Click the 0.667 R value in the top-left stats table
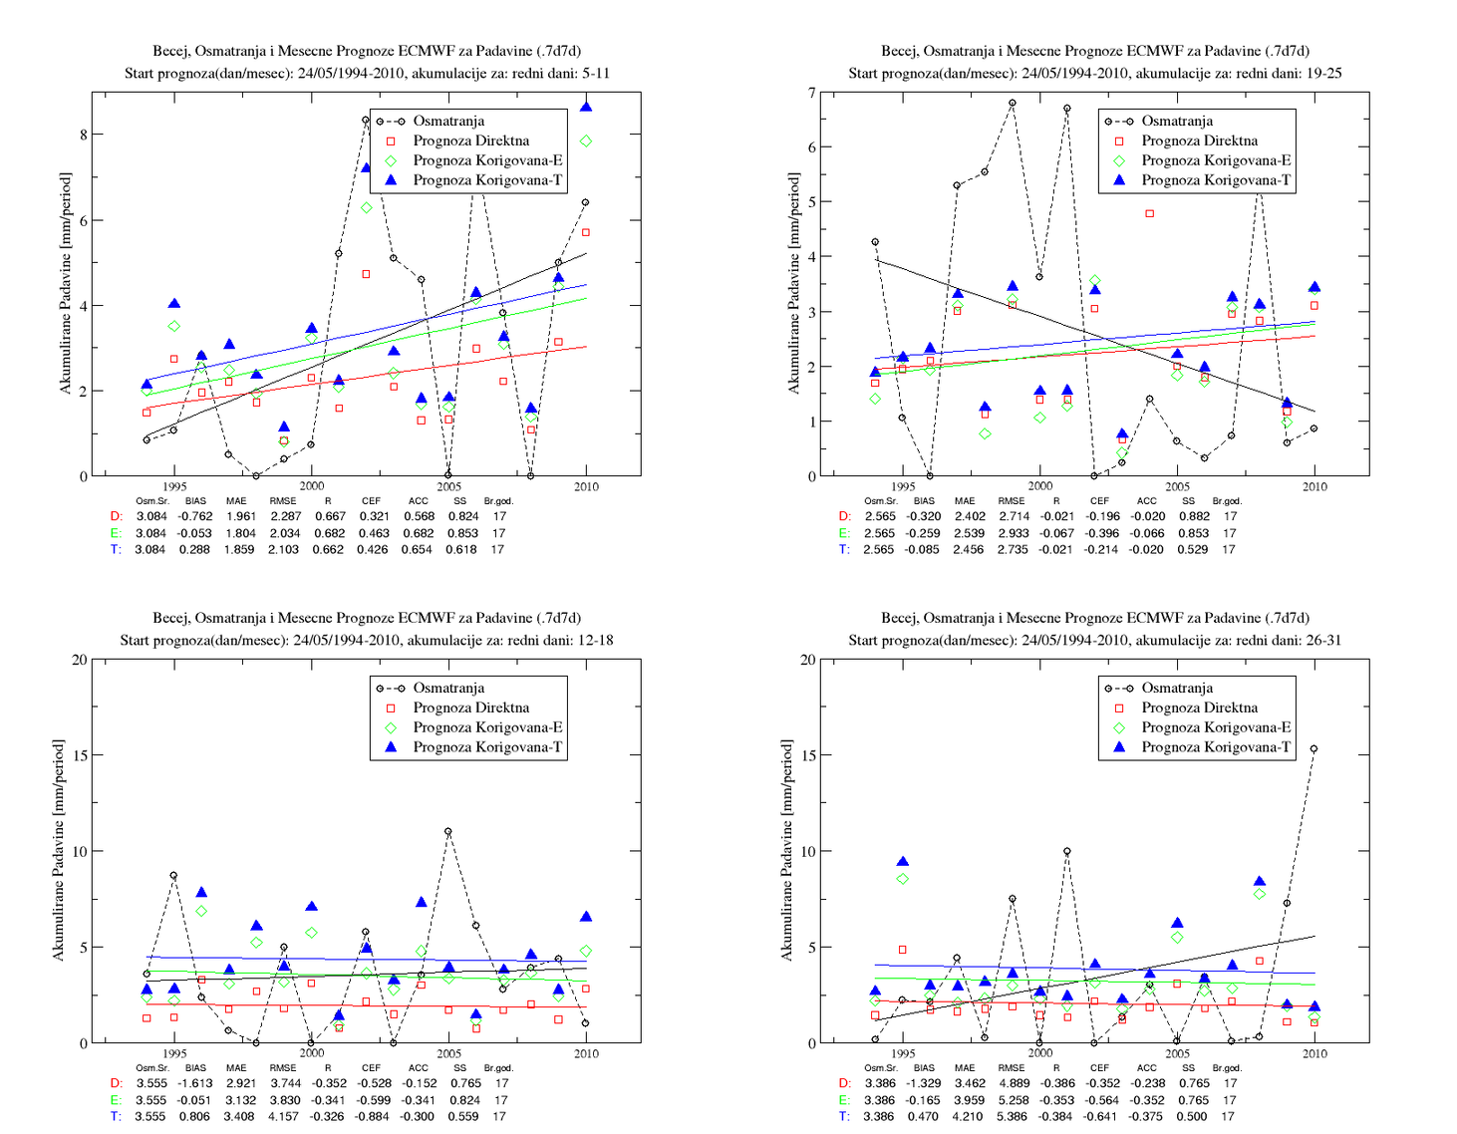(330, 516)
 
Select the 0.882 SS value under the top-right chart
(1194, 516)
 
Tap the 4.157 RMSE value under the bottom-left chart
(283, 1117)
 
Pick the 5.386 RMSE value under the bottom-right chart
(1013, 1117)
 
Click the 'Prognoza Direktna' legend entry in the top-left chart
(470, 141)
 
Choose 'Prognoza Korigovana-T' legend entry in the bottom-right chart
(1216, 747)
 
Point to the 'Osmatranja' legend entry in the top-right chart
(1177, 122)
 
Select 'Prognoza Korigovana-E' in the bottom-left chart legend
(487, 727)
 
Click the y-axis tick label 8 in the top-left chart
(83, 135)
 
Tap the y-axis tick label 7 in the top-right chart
(812, 93)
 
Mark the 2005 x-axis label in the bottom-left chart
(448, 1053)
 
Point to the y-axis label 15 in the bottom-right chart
(808, 755)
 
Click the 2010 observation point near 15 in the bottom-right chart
(1314, 749)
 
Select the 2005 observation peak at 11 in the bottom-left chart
(447, 832)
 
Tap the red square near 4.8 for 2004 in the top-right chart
(1149, 214)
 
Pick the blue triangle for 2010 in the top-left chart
(586, 108)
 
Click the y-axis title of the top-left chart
(65, 283)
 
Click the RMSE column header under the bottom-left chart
(283, 1067)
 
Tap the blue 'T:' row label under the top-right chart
(845, 549)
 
